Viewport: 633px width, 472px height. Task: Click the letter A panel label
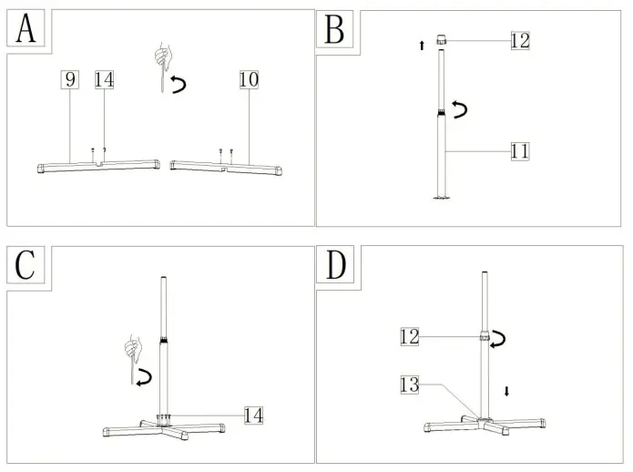[26, 29]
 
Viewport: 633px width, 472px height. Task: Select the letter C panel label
[26, 264]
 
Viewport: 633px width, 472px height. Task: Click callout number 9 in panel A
[70, 80]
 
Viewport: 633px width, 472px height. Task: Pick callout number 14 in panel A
[104, 80]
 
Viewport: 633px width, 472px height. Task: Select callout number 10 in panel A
[249, 80]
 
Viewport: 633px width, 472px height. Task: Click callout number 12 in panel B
[520, 41]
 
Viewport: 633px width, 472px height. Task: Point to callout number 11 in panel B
[520, 150]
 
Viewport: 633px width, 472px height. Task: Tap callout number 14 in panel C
[253, 416]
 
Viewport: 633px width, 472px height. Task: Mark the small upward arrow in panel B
[422, 46]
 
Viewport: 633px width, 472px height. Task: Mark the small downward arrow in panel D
[507, 391]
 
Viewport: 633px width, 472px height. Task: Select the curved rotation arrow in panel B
[463, 111]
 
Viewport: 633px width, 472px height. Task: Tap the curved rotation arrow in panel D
[499, 339]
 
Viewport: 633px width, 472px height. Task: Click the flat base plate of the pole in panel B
[443, 198]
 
